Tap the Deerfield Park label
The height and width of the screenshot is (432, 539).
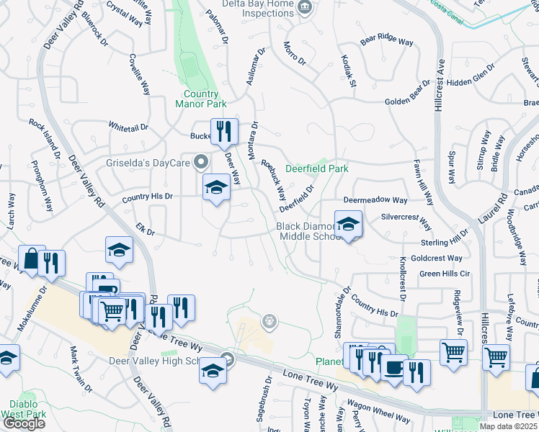(x=317, y=169)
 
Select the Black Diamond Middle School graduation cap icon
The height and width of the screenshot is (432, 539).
(x=348, y=224)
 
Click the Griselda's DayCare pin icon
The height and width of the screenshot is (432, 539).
(x=202, y=161)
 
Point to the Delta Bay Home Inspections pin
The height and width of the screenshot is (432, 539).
(x=305, y=8)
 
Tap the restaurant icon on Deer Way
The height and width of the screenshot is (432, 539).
(x=223, y=130)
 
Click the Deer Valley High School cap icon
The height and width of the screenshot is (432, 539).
(x=213, y=371)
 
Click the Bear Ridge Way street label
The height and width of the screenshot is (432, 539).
(x=387, y=42)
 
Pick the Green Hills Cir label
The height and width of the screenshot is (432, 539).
(x=445, y=274)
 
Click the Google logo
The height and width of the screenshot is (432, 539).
(x=24, y=423)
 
